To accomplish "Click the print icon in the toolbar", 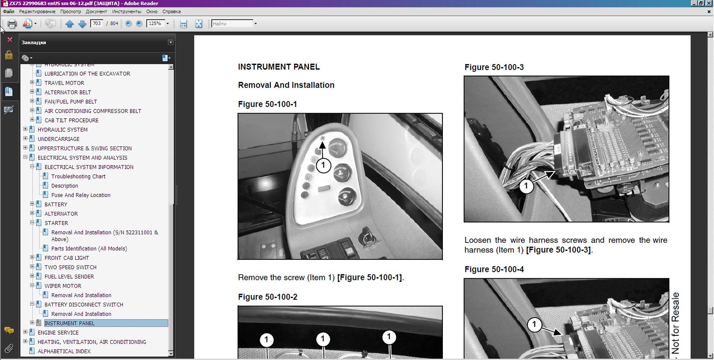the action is coord(12,24).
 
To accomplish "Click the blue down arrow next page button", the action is coord(82,24).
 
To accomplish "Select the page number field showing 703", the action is coord(97,23).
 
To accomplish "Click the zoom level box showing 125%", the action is coord(156,23).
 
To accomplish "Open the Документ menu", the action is coord(96,12).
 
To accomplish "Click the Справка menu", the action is coord(171,12).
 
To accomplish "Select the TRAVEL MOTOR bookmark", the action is coord(64,83).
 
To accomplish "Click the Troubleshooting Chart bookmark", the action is coord(78,176).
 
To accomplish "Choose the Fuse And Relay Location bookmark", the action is coord(81,195).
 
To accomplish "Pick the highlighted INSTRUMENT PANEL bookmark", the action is coord(69,323).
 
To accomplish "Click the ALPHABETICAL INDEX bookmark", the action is coord(64,351).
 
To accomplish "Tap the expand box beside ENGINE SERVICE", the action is coord(25,332).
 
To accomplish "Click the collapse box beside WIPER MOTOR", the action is coord(32,286).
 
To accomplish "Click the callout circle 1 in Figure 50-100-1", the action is coord(323,165).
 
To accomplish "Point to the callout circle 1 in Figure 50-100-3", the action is coord(526,186).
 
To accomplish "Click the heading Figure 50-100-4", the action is coord(494,269).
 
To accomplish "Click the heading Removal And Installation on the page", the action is coord(286,85).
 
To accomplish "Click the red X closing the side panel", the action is coord(10,40).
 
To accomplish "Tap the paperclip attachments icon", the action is coord(9,348).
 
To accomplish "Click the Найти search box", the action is coord(232,24).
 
